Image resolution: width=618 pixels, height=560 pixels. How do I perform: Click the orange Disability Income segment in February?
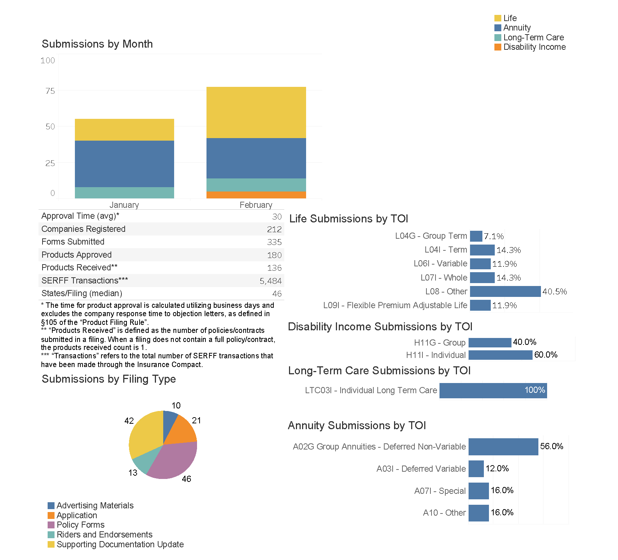[x=256, y=195]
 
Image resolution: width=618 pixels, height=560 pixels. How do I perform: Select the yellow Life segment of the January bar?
[x=124, y=130]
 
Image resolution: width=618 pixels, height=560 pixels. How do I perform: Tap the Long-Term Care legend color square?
[x=498, y=37]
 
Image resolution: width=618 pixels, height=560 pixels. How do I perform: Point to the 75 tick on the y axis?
[x=50, y=91]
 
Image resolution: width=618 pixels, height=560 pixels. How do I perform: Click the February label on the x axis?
[x=256, y=205]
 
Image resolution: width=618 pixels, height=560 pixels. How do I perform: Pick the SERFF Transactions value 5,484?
[x=270, y=281]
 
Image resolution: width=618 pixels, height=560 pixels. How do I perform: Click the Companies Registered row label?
[x=83, y=229]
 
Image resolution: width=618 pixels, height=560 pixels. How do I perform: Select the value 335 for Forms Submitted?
[x=274, y=242]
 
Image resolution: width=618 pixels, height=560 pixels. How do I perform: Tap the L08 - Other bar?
[x=505, y=291]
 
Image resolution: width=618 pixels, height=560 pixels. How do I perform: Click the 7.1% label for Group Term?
[x=494, y=237]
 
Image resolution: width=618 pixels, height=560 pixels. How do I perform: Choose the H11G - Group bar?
[x=490, y=342]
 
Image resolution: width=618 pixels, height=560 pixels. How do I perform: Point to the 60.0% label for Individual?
[x=546, y=355]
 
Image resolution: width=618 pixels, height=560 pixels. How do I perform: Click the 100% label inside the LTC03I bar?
[x=534, y=390]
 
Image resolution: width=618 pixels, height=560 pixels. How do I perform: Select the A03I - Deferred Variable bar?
[x=476, y=469]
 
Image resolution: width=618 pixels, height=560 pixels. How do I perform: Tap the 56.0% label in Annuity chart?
[x=551, y=446]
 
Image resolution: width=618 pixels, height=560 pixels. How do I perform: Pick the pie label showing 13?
[x=133, y=473]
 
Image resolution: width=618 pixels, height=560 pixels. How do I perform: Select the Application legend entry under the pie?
[x=77, y=515]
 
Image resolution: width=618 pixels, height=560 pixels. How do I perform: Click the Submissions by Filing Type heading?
[x=109, y=379]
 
